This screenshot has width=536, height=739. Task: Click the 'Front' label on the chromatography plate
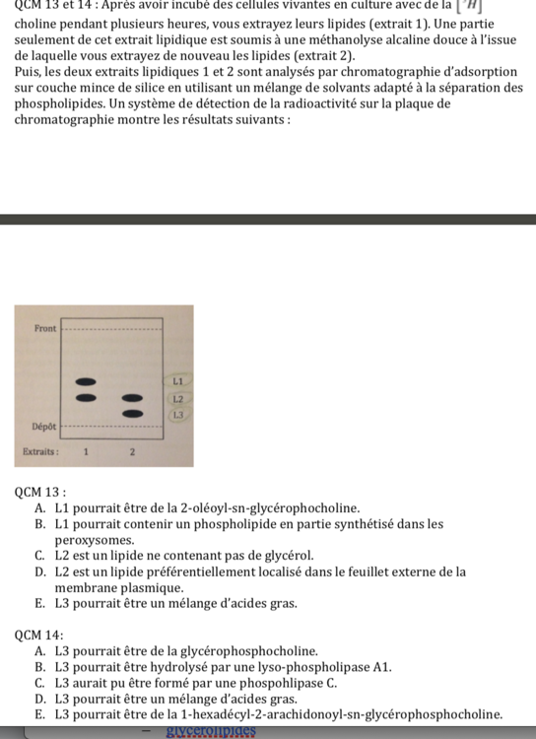click(x=45, y=326)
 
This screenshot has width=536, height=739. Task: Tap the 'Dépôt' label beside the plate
click(x=43, y=427)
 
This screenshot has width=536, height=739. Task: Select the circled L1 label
click(x=178, y=379)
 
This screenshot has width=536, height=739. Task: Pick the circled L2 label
click(x=178, y=398)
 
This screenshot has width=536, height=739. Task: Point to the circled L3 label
click(x=178, y=415)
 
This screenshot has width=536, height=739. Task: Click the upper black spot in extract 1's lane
click(x=87, y=380)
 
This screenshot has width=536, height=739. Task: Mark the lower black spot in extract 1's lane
click(x=87, y=396)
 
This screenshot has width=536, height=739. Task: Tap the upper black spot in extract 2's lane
click(x=132, y=396)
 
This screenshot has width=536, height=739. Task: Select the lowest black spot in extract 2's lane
click(x=132, y=413)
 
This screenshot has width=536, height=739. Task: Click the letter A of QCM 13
click(x=38, y=507)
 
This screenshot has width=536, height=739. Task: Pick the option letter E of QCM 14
click(x=38, y=714)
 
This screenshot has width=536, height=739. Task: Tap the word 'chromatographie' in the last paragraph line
click(x=68, y=119)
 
